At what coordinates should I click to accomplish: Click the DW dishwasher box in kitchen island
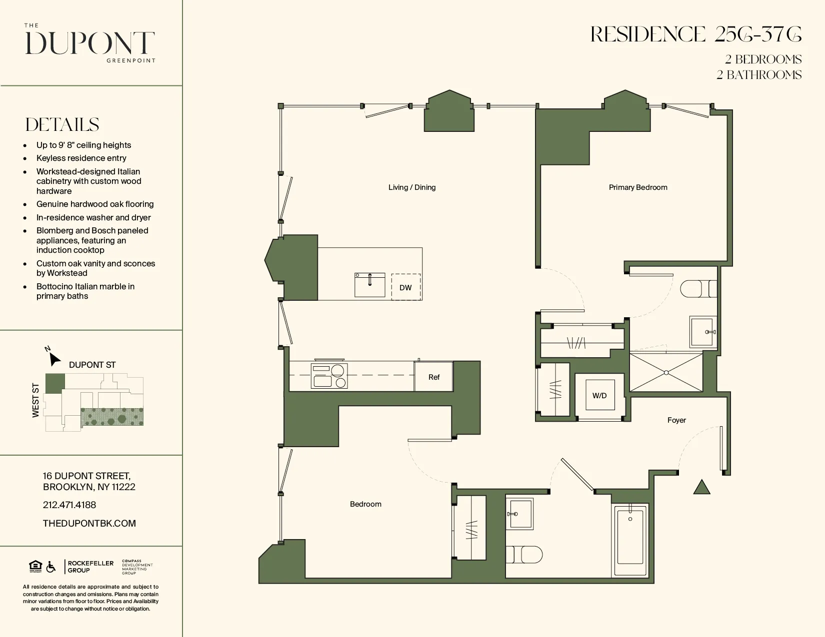[405, 287]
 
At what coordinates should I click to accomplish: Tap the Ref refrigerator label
[433, 377]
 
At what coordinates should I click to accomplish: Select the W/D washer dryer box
[599, 395]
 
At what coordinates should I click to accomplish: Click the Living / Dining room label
[412, 187]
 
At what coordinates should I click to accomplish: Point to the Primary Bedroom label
[638, 187]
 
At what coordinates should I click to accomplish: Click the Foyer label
[676, 420]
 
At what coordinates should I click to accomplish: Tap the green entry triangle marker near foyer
[702, 488]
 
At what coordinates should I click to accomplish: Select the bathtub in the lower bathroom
[630, 541]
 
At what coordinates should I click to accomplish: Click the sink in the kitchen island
[370, 285]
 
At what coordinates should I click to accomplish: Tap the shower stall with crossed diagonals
[666, 372]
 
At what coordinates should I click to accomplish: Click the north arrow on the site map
[54, 358]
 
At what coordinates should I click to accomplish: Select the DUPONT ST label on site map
[92, 365]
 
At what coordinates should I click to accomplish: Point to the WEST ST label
[35, 400]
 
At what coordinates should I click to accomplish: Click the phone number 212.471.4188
[69, 505]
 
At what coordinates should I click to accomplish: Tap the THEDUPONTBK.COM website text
[89, 523]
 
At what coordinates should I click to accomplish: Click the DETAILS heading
[62, 124]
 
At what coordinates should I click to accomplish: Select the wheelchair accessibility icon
[51, 567]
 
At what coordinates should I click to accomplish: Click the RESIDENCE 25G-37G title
[695, 34]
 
